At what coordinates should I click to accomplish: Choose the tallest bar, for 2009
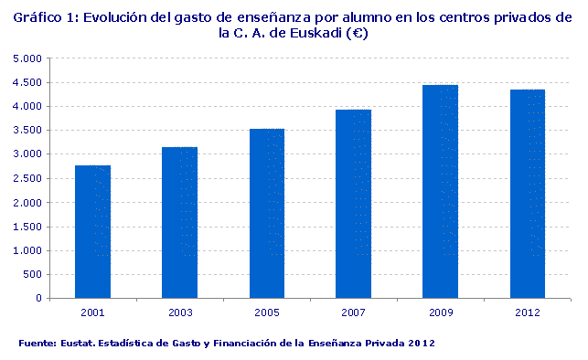click(x=441, y=191)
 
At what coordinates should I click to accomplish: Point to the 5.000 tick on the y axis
click(x=30, y=58)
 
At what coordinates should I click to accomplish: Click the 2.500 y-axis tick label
click(x=30, y=178)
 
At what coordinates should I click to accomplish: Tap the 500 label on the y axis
click(x=35, y=274)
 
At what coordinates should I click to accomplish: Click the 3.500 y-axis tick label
click(x=30, y=131)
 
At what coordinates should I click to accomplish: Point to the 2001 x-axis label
click(x=92, y=313)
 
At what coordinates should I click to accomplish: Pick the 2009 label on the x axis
click(x=441, y=313)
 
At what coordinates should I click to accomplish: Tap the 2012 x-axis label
click(x=527, y=313)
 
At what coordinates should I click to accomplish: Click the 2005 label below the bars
click(x=267, y=313)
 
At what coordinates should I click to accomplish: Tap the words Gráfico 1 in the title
click(x=43, y=16)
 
